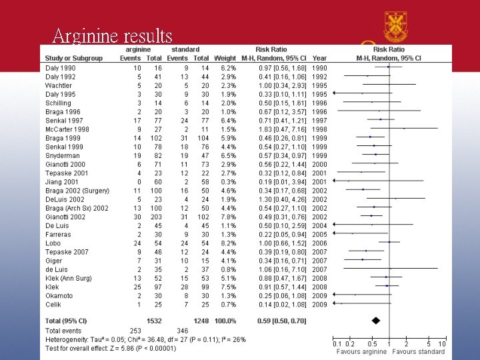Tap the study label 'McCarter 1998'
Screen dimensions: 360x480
point(67,129)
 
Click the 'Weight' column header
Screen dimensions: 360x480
point(225,58)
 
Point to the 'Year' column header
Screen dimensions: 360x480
point(319,58)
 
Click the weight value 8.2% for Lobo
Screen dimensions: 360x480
point(227,242)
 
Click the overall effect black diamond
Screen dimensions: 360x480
point(377,321)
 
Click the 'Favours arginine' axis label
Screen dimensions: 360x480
point(361,351)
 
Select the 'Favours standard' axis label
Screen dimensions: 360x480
point(419,351)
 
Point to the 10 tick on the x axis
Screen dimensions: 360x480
point(442,343)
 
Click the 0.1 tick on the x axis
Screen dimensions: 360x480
point(337,343)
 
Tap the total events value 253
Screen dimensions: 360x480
point(136,329)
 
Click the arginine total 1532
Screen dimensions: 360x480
point(155,321)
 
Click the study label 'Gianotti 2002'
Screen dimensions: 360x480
point(65,216)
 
